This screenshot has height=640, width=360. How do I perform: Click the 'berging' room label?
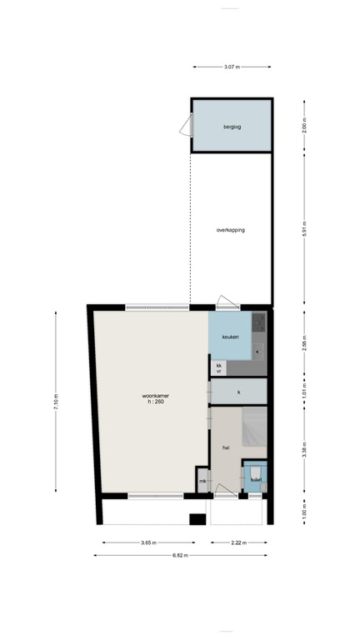tap(231, 127)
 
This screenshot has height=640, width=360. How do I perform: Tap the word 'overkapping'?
tap(231, 230)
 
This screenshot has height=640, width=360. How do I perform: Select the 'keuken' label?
tap(230, 336)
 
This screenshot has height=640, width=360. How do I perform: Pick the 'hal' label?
tap(225, 447)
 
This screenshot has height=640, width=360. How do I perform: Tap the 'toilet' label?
tap(256, 480)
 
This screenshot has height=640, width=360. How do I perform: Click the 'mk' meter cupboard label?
tap(202, 481)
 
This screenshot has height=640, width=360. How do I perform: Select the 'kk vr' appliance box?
tap(218, 368)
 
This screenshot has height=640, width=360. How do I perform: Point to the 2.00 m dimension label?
tap(304, 126)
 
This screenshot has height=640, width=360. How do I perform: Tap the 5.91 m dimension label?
tap(304, 230)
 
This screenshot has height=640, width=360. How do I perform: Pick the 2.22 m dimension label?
tap(238, 542)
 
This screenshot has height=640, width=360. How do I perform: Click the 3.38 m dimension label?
tap(304, 451)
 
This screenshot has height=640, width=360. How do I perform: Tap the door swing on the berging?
tap(185, 126)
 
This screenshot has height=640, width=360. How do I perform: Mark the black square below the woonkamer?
tap(197, 520)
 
